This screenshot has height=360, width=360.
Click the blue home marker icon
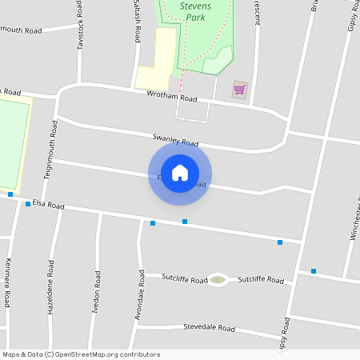[180, 173]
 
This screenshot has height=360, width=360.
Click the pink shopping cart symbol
[239, 89]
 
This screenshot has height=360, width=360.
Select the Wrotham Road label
[171, 96]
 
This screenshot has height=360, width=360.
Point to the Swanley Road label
[175, 140]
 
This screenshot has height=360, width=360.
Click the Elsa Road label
[48, 205]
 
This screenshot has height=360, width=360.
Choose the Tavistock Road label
[80, 26]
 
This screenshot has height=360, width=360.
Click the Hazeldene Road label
[50, 286]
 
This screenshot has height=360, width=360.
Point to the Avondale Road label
[139, 295]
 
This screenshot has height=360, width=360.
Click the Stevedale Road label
[209, 328]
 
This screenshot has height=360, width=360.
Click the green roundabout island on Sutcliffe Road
[217, 280]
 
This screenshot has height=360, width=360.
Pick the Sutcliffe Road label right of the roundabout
[260, 280]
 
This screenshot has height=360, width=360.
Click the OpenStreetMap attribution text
[81, 354]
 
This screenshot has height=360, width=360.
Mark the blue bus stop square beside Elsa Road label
[28, 204]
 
